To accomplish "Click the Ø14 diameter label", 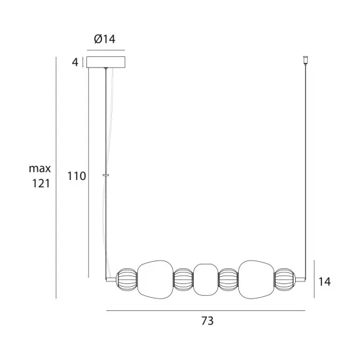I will click(x=105, y=39).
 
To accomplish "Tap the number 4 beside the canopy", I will click(x=76, y=63).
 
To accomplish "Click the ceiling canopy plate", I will click(x=106, y=63).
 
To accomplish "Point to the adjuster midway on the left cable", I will click(x=106, y=175).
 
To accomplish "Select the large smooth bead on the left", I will click(x=155, y=279).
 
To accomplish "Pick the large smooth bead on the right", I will click(x=255, y=279).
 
